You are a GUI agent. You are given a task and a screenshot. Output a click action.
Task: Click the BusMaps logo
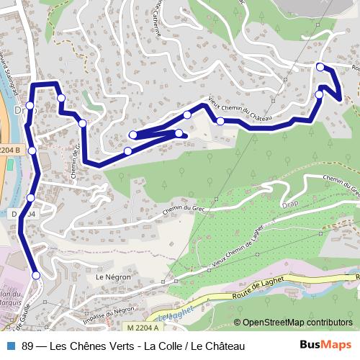coord(325,346)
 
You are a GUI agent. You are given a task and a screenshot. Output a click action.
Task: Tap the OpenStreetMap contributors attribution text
coord(297,323)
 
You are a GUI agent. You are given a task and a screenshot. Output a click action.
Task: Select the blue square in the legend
coord(9,346)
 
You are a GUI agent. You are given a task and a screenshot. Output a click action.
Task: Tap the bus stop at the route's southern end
coord(36,275)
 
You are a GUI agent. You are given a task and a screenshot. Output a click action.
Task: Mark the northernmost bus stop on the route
coord(320,67)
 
